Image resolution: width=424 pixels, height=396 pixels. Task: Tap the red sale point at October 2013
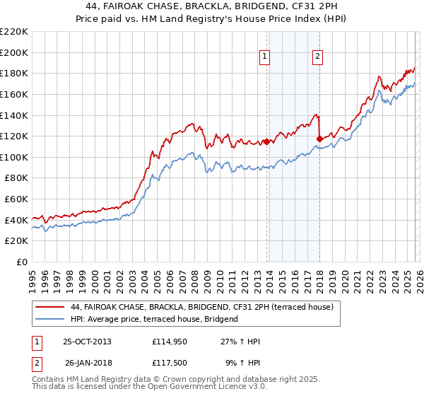pyautogui.click(x=266, y=141)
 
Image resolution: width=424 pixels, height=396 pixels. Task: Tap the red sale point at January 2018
pyautogui.click(x=319, y=139)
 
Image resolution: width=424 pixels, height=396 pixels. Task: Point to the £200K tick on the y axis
pyautogui.click(x=15, y=52)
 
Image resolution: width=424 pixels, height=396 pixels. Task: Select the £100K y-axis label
pyautogui.click(x=15, y=157)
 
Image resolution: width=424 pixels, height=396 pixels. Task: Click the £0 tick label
pyautogui.click(x=22, y=262)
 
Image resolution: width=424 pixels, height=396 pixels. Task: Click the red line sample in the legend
pyautogui.click(x=51, y=307)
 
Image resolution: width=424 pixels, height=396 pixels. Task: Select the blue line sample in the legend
pyautogui.click(x=51, y=319)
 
